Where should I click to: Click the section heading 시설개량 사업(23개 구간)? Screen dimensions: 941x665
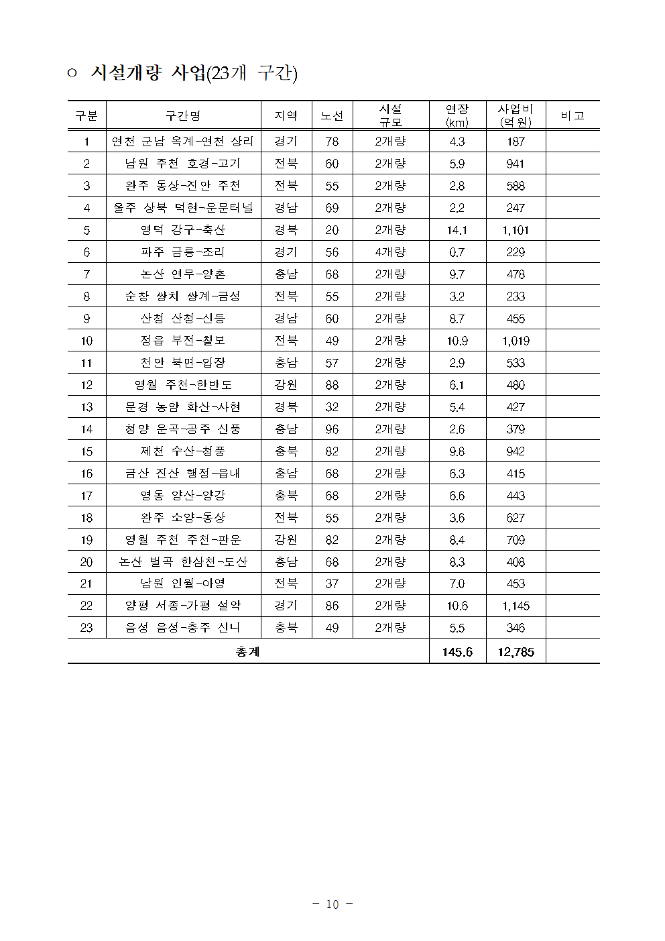(x=193, y=72)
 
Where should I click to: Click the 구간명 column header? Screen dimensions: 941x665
(x=183, y=115)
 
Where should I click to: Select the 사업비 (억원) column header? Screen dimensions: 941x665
(x=516, y=115)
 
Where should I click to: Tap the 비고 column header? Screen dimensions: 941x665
(x=572, y=115)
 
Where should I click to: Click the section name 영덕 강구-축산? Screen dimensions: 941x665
(x=183, y=230)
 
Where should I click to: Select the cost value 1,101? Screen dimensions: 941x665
(x=516, y=230)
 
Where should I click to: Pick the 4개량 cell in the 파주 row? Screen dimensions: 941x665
(x=390, y=252)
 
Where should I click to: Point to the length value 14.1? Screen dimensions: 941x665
(x=457, y=230)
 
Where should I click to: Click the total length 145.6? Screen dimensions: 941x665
(x=457, y=652)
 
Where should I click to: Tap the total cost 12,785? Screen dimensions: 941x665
(x=516, y=652)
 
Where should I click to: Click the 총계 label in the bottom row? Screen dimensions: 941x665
(x=247, y=652)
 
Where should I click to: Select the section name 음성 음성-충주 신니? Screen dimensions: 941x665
(x=183, y=628)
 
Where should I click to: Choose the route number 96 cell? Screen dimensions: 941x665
(x=332, y=429)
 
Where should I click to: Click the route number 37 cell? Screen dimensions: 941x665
(x=332, y=584)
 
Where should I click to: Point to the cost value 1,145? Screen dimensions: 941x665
(x=516, y=606)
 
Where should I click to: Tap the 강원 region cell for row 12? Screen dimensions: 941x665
(x=286, y=385)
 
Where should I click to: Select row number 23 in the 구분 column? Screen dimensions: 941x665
(x=86, y=628)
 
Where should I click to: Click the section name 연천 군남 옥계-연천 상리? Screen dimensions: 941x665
(x=183, y=142)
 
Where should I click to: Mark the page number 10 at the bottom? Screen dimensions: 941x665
(x=332, y=904)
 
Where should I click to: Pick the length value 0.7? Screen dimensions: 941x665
(x=457, y=252)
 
